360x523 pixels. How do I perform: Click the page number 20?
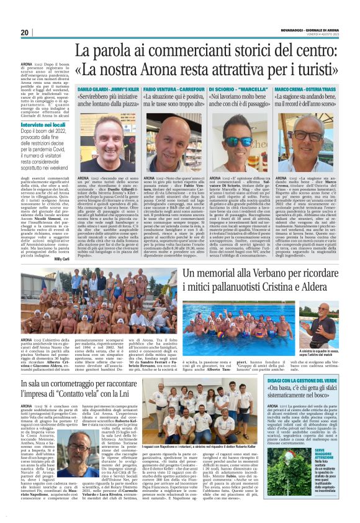(25, 33)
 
